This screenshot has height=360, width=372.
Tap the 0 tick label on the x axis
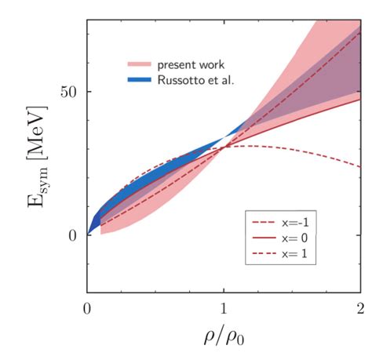click(x=87, y=307)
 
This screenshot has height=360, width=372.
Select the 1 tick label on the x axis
click(x=224, y=307)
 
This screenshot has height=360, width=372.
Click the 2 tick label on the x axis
click(x=360, y=307)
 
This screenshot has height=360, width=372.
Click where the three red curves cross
click(x=224, y=147)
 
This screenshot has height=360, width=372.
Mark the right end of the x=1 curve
click(x=360, y=167)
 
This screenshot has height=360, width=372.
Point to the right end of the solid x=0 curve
click(x=360, y=99)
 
